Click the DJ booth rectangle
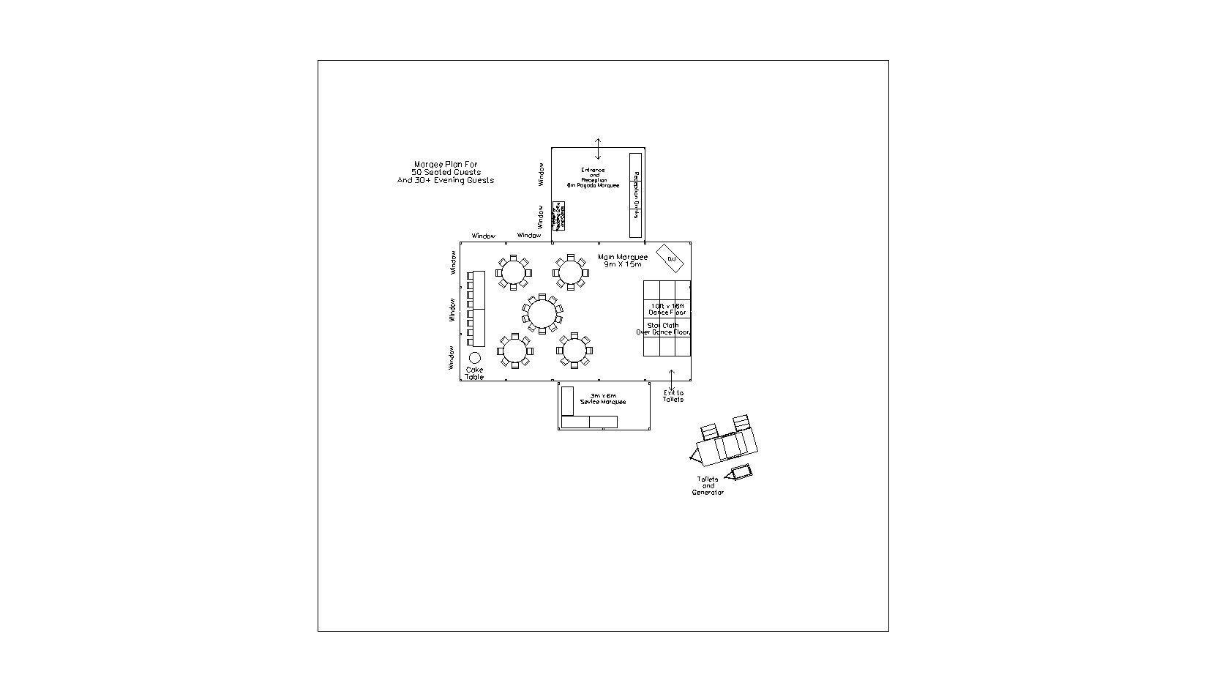670,258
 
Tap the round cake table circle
474,358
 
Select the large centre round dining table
542,314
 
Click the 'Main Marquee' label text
622,257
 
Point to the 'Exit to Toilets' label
673,396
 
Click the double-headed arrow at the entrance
598,149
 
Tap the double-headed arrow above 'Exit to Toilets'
672,379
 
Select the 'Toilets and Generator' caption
708,486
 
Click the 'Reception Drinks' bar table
635,195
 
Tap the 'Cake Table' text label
474,373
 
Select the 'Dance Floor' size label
667,309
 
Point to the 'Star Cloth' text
662,325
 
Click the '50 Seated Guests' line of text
446,172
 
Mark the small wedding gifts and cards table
558,216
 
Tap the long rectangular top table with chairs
479,309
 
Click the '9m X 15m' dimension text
622,264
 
